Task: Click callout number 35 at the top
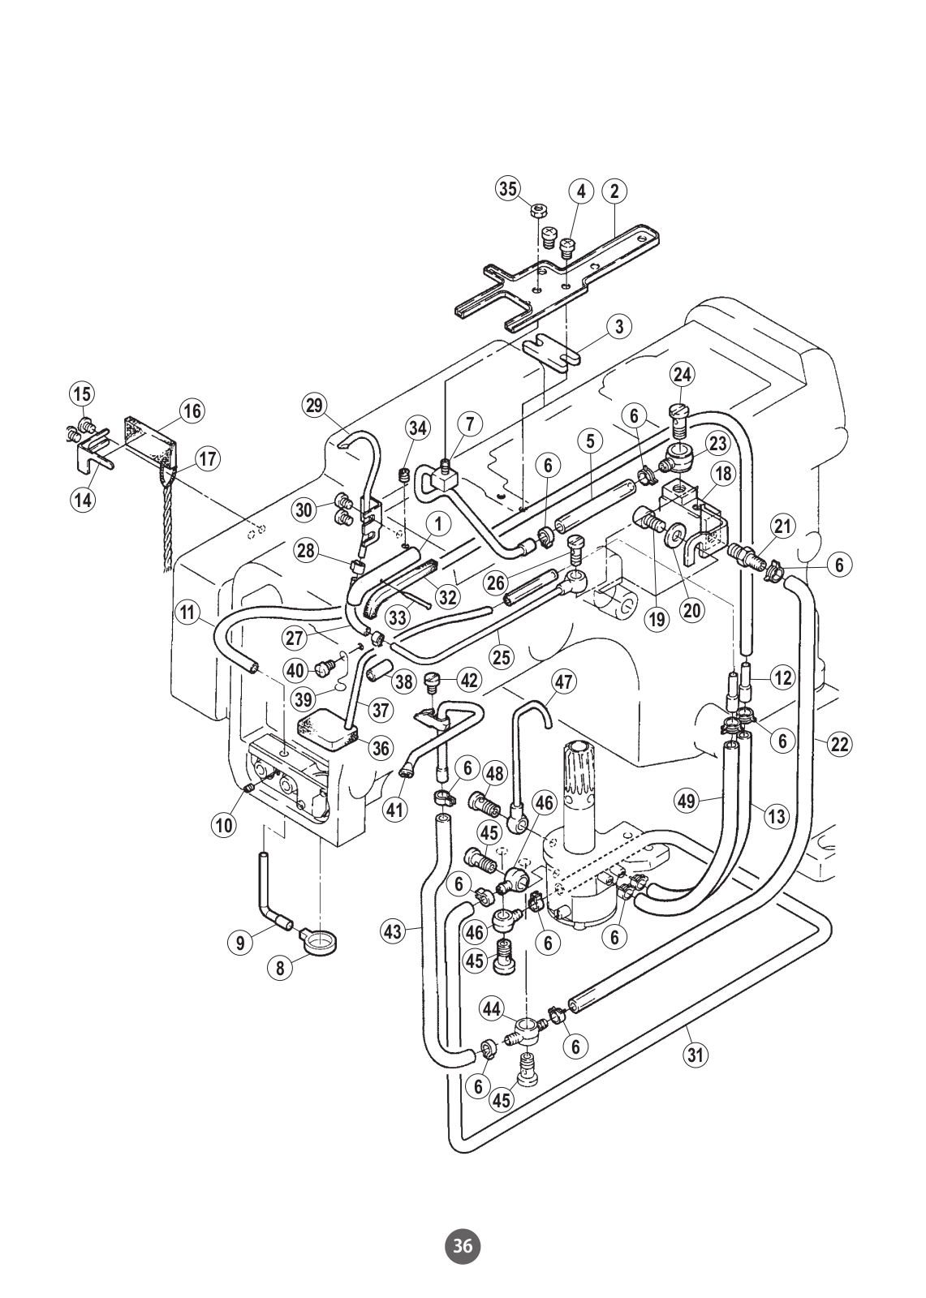508,189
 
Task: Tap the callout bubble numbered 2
614,191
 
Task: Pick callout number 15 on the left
82,394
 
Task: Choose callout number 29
314,405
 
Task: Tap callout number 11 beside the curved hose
187,612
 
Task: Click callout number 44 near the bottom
491,1009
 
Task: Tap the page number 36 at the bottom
462,1241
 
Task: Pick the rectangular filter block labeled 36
326,730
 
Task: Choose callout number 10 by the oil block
224,824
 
